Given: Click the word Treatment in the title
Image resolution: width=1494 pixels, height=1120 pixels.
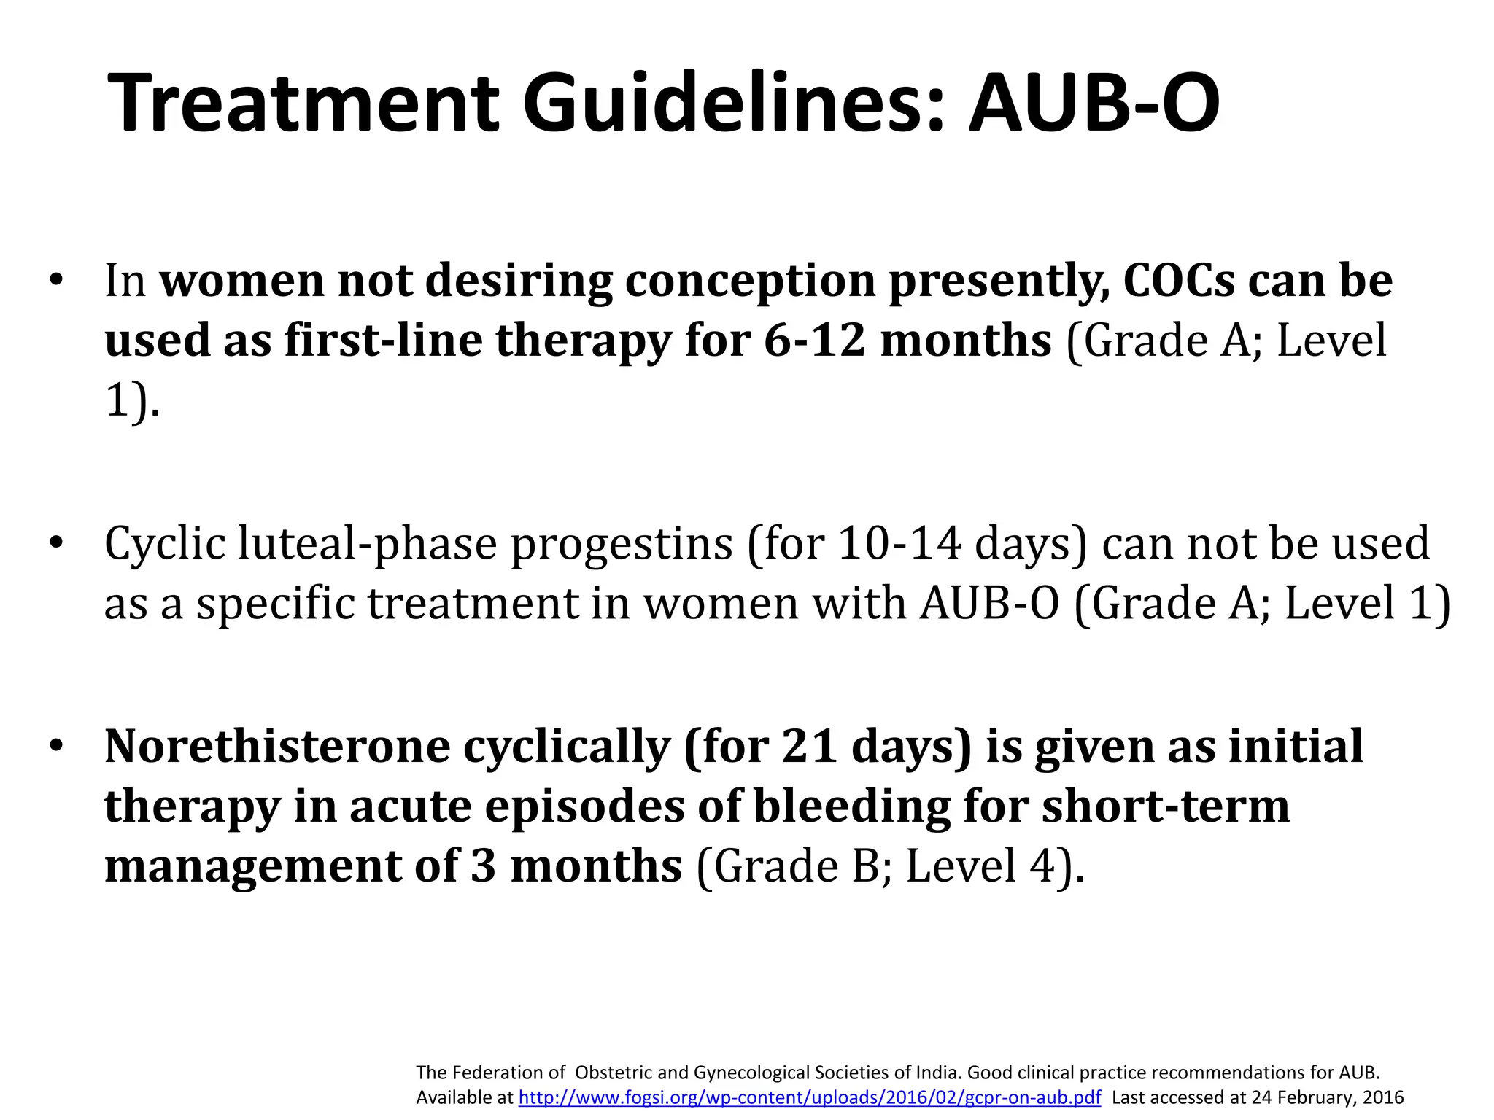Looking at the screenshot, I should (303, 104).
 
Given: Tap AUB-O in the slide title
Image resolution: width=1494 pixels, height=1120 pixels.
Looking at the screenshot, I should (1094, 104).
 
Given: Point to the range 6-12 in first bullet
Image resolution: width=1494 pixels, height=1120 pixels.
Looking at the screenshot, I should (815, 341).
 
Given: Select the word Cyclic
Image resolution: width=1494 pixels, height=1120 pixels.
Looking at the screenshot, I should (165, 545).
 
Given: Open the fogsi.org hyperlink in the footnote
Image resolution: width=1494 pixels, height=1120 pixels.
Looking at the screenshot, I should (809, 1097).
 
